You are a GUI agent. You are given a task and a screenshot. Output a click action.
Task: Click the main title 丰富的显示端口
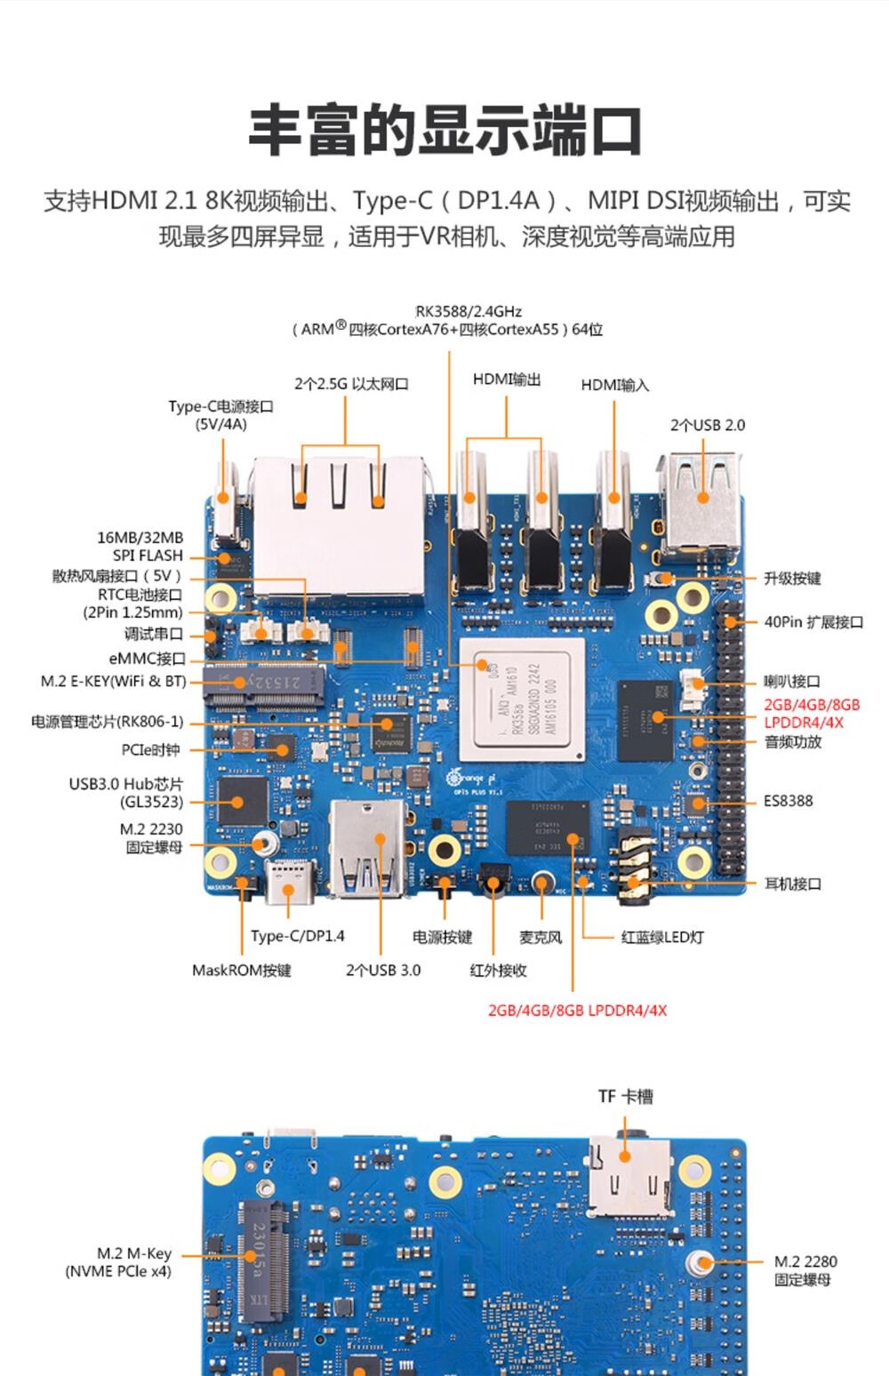tap(444, 130)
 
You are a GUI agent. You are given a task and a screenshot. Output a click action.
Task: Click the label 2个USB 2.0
tap(707, 425)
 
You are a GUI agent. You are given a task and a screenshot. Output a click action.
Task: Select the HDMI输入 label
tap(615, 385)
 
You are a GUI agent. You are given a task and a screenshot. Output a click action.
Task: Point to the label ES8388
tap(788, 801)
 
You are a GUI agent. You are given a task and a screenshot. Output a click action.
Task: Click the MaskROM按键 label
tap(242, 970)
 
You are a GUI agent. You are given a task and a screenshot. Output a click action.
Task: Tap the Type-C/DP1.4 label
tap(297, 936)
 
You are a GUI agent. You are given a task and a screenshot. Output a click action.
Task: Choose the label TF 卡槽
tap(625, 1096)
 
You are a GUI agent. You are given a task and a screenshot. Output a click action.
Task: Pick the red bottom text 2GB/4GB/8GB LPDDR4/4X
tap(577, 1011)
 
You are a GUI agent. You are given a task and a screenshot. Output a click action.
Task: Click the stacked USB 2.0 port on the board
tap(701, 501)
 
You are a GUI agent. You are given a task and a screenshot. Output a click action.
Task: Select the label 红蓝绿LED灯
tap(662, 937)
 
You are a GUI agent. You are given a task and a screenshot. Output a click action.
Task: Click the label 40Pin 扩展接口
tap(813, 622)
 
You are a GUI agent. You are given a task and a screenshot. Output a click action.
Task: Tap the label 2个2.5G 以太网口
tap(351, 384)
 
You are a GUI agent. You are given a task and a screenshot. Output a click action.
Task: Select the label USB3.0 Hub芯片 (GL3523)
tap(126, 793)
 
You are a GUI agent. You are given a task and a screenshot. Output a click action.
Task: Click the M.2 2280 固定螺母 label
tap(805, 1270)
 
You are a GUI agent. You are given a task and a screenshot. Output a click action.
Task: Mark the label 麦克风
tap(541, 937)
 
